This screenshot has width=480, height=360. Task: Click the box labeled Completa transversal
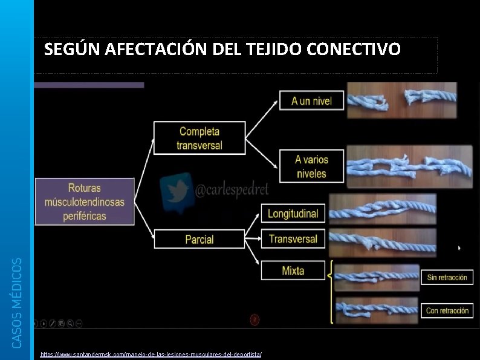[199, 138]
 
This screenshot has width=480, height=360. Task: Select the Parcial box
[199, 239]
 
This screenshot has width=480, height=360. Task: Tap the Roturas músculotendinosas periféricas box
[84, 201]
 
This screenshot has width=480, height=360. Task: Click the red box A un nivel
[311, 100]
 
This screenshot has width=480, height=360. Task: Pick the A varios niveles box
[311, 166]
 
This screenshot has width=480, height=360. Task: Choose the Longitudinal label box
[293, 213]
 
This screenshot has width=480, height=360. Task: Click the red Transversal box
[293, 238]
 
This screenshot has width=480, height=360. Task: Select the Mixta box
[293, 270]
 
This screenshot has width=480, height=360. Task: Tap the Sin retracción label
[447, 278]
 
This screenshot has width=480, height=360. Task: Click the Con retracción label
[447, 310]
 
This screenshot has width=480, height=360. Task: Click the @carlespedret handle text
[232, 191]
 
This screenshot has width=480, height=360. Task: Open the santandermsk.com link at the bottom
[151, 353]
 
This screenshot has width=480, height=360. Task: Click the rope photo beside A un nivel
[401, 100]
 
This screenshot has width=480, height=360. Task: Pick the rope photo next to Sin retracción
[377, 278]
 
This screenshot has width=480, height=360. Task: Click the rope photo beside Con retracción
[377, 310]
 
